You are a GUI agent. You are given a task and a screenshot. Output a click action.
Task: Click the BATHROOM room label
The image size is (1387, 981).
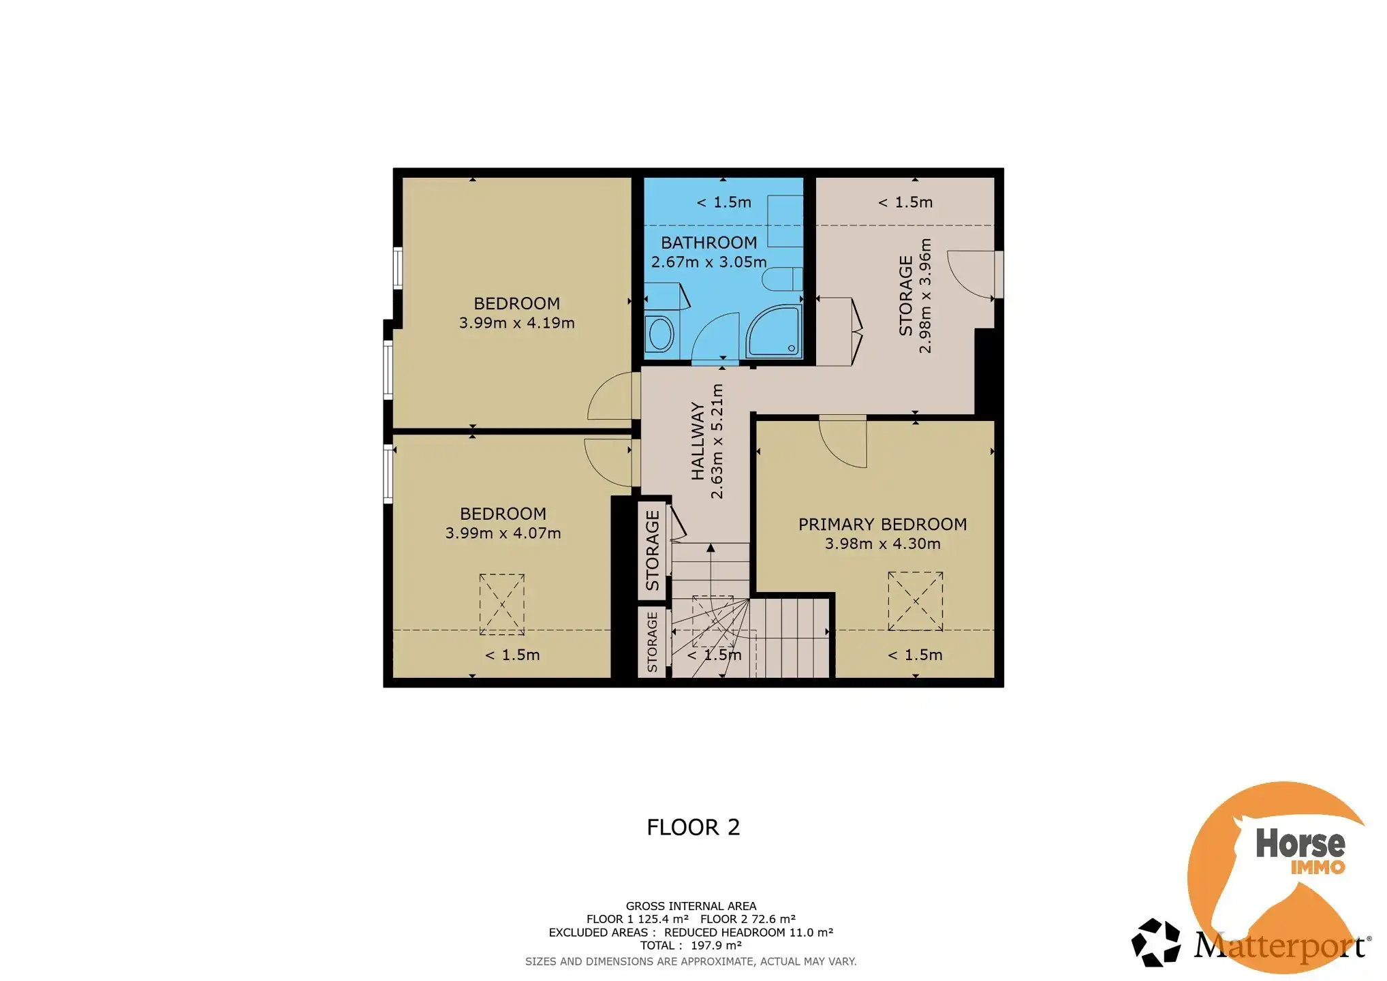(x=708, y=243)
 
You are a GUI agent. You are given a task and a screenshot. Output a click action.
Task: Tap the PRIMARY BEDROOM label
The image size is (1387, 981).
(x=882, y=524)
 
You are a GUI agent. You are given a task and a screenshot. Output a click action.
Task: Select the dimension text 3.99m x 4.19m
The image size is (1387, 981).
(x=516, y=323)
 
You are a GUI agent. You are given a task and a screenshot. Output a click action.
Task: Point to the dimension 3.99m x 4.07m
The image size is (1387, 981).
(x=503, y=533)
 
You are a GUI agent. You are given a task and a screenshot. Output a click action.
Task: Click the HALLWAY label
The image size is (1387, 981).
(x=698, y=441)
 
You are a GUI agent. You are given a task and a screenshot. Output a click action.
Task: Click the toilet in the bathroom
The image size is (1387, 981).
(x=781, y=279)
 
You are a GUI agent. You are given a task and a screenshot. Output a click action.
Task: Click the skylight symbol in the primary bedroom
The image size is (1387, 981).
(x=915, y=601)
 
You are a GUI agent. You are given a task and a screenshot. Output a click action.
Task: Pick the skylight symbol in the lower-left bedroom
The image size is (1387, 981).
(x=502, y=604)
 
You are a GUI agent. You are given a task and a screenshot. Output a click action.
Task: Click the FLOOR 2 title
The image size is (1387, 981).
(x=693, y=827)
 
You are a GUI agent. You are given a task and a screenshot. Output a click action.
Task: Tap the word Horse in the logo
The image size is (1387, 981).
(x=1300, y=843)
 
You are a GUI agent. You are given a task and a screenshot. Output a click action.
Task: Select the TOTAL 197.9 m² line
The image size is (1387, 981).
(x=690, y=946)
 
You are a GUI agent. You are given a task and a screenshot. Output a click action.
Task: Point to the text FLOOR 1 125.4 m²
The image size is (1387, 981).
(x=637, y=919)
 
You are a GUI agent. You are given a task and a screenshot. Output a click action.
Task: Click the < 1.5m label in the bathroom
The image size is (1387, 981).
(x=723, y=202)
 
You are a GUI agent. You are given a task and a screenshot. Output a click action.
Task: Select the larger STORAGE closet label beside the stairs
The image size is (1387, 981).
(x=653, y=550)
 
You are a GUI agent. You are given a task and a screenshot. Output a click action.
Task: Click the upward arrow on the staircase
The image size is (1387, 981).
(x=711, y=548)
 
